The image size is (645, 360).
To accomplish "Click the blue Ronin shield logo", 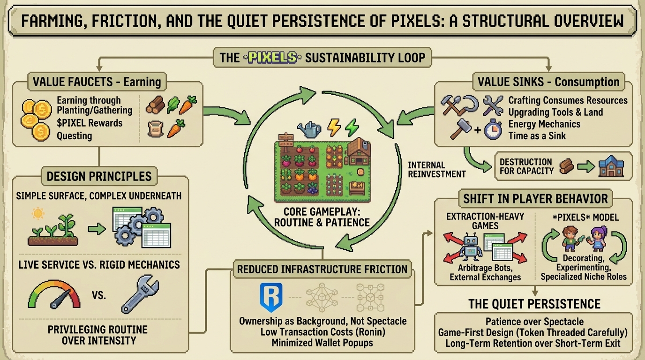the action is tap(271, 297).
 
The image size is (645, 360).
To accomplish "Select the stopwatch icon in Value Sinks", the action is tap(493, 129).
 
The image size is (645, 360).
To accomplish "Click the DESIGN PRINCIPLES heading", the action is tap(99, 176).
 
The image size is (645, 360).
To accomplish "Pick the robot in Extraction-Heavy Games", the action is tap(471, 248).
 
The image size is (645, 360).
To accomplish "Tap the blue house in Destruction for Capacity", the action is tap(610, 167).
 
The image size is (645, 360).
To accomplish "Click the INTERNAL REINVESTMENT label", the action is tap(436, 170).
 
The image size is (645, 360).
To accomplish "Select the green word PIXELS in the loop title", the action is tap(272, 58).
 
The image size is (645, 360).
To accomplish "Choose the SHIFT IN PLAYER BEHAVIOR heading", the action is tap(535, 198).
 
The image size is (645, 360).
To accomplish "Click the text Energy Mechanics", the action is tap(544, 124).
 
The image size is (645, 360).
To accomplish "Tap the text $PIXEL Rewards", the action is tap(90, 123).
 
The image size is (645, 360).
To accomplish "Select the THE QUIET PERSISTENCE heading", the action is tap(534, 304).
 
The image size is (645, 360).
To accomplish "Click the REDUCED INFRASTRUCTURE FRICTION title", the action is tap(322, 270).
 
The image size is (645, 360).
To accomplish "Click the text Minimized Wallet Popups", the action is tap(322, 343).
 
